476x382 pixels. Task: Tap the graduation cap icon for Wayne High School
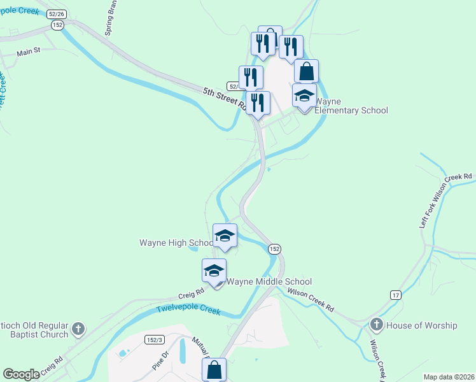tap(225, 236)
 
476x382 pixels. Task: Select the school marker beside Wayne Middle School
tap(214, 271)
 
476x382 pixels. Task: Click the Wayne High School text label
tap(176, 243)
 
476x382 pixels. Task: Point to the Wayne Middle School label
tap(269, 281)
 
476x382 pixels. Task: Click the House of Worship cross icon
tap(376, 325)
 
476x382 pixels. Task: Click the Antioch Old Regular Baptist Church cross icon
tap(78, 329)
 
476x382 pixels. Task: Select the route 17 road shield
tap(396, 295)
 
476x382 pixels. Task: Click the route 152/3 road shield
tap(155, 339)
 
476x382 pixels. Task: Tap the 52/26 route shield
tap(57, 13)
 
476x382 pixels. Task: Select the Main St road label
tap(29, 52)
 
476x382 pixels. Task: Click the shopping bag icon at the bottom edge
tap(214, 369)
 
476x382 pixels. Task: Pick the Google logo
tap(21, 374)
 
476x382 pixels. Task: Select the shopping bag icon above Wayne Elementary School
tap(306, 71)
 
